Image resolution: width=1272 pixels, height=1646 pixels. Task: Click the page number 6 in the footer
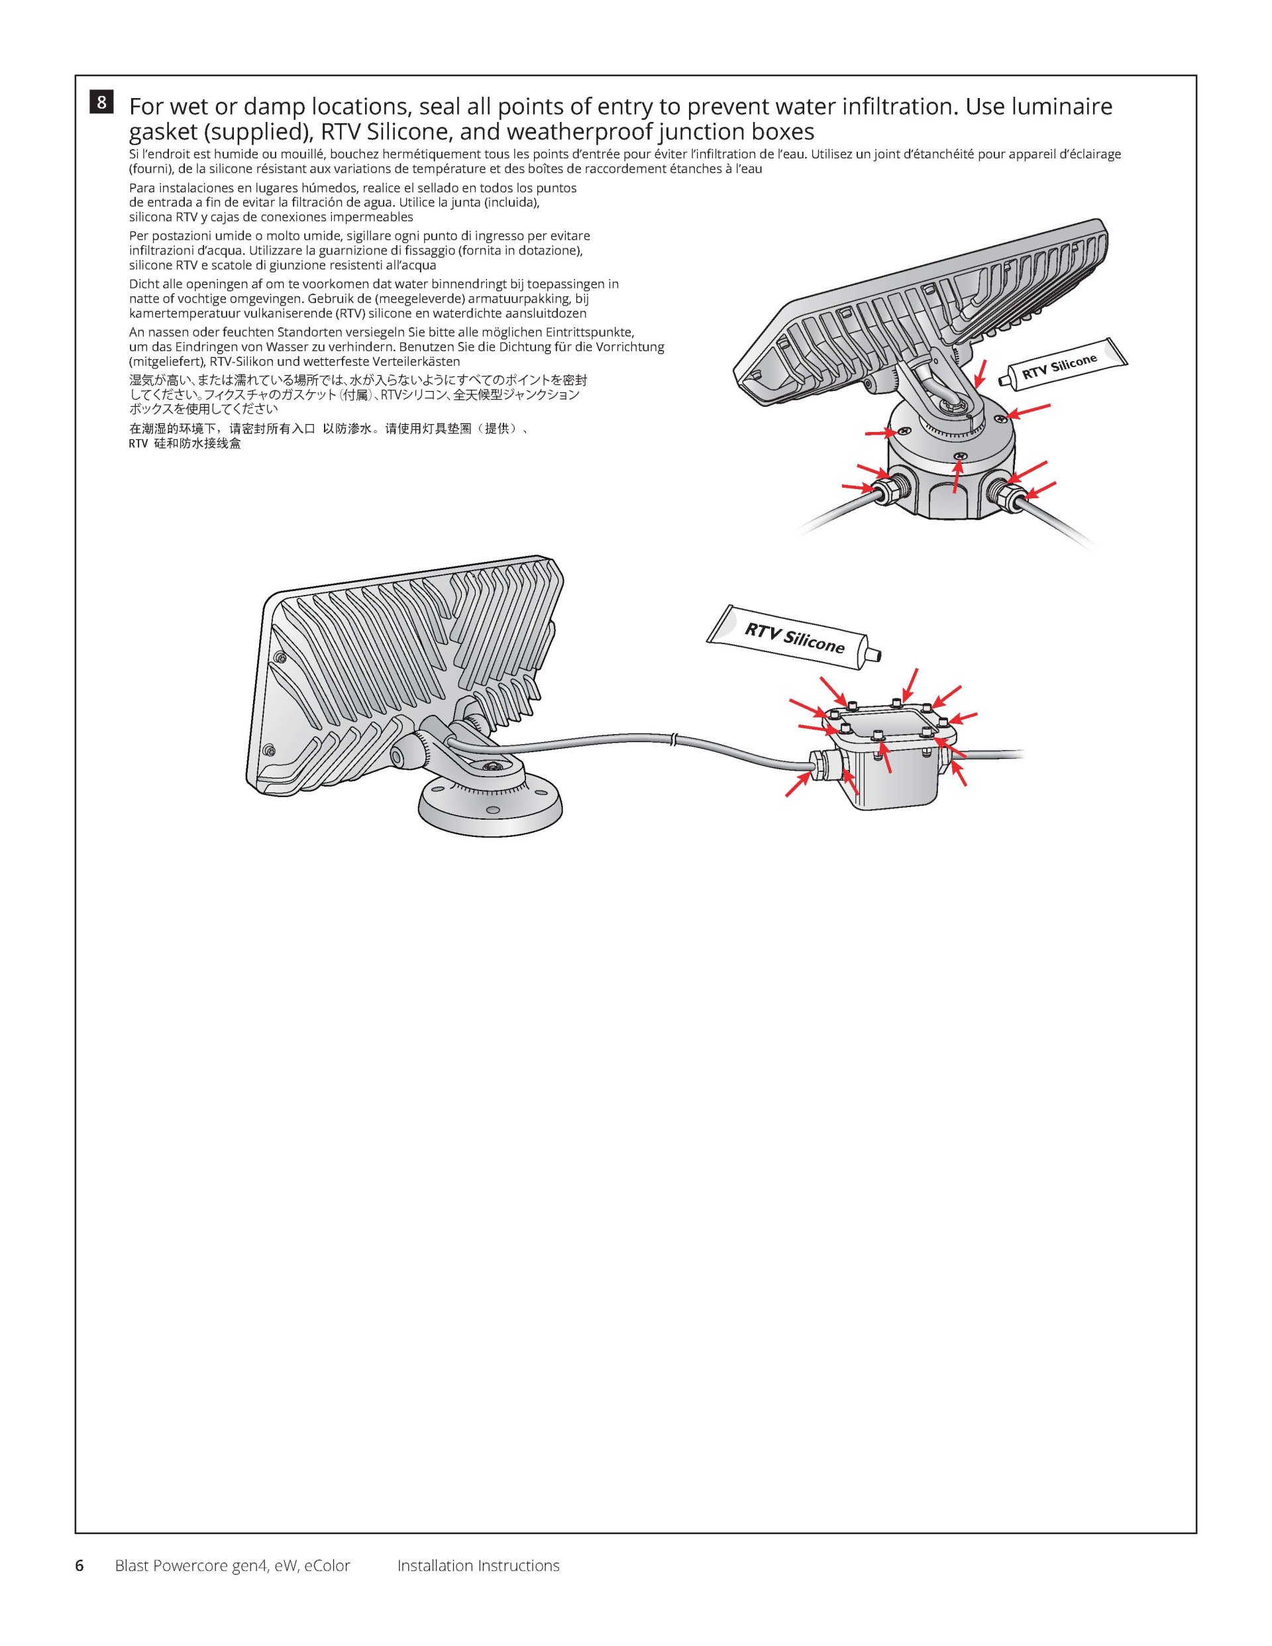[x=79, y=1565]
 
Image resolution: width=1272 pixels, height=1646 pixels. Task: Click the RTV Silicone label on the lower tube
[x=794, y=637]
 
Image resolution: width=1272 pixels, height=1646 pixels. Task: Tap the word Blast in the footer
[x=132, y=1565]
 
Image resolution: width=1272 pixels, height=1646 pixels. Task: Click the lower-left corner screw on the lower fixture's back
[x=268, y=750]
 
